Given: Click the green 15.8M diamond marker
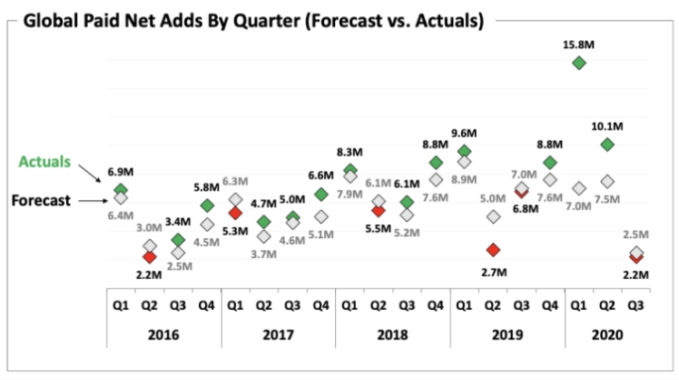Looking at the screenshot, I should tap(578, 62).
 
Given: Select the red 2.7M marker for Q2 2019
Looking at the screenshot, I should tap(493, 250).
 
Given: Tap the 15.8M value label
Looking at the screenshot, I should tap(578, 41).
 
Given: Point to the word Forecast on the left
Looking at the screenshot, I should tap(41, 201).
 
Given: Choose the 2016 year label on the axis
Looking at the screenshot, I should tap(163, 334).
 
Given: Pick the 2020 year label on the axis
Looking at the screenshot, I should tap(606, 334).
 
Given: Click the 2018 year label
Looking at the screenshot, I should tap(392, 334).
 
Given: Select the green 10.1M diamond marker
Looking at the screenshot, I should tap(607, 145).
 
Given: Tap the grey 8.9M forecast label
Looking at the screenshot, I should tap(465, 180).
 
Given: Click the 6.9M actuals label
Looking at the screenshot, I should tap(122, 171).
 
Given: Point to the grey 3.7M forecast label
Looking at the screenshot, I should tap(265, 255).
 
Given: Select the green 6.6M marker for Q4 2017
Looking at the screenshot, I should tap(321, 195).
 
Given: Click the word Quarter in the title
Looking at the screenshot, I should tap(250, 18).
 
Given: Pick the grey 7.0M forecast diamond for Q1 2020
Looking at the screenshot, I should tap(578, 188).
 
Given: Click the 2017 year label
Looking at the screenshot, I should tap(278, 334).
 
